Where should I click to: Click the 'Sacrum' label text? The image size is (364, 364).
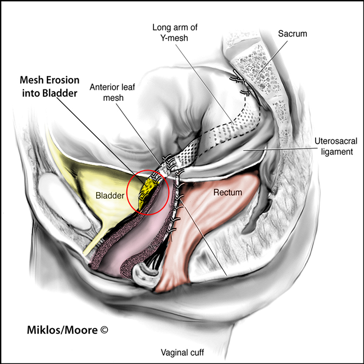292,34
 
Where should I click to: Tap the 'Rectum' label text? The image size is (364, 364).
228,192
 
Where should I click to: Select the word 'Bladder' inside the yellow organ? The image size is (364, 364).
110,196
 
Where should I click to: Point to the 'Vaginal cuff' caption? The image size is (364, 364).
183,353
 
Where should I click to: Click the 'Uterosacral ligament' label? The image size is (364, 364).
336,146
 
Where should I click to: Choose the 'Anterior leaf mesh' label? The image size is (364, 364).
112,93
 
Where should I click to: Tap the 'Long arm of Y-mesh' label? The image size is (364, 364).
175,32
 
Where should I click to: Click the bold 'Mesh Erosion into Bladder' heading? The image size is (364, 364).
49,87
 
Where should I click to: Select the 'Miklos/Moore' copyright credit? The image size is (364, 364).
62,330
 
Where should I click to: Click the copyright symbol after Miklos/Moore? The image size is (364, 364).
104,330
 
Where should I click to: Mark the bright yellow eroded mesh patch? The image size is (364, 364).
148,191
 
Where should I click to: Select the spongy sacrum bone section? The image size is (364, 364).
258,70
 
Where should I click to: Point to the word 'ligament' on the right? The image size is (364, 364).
336,152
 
